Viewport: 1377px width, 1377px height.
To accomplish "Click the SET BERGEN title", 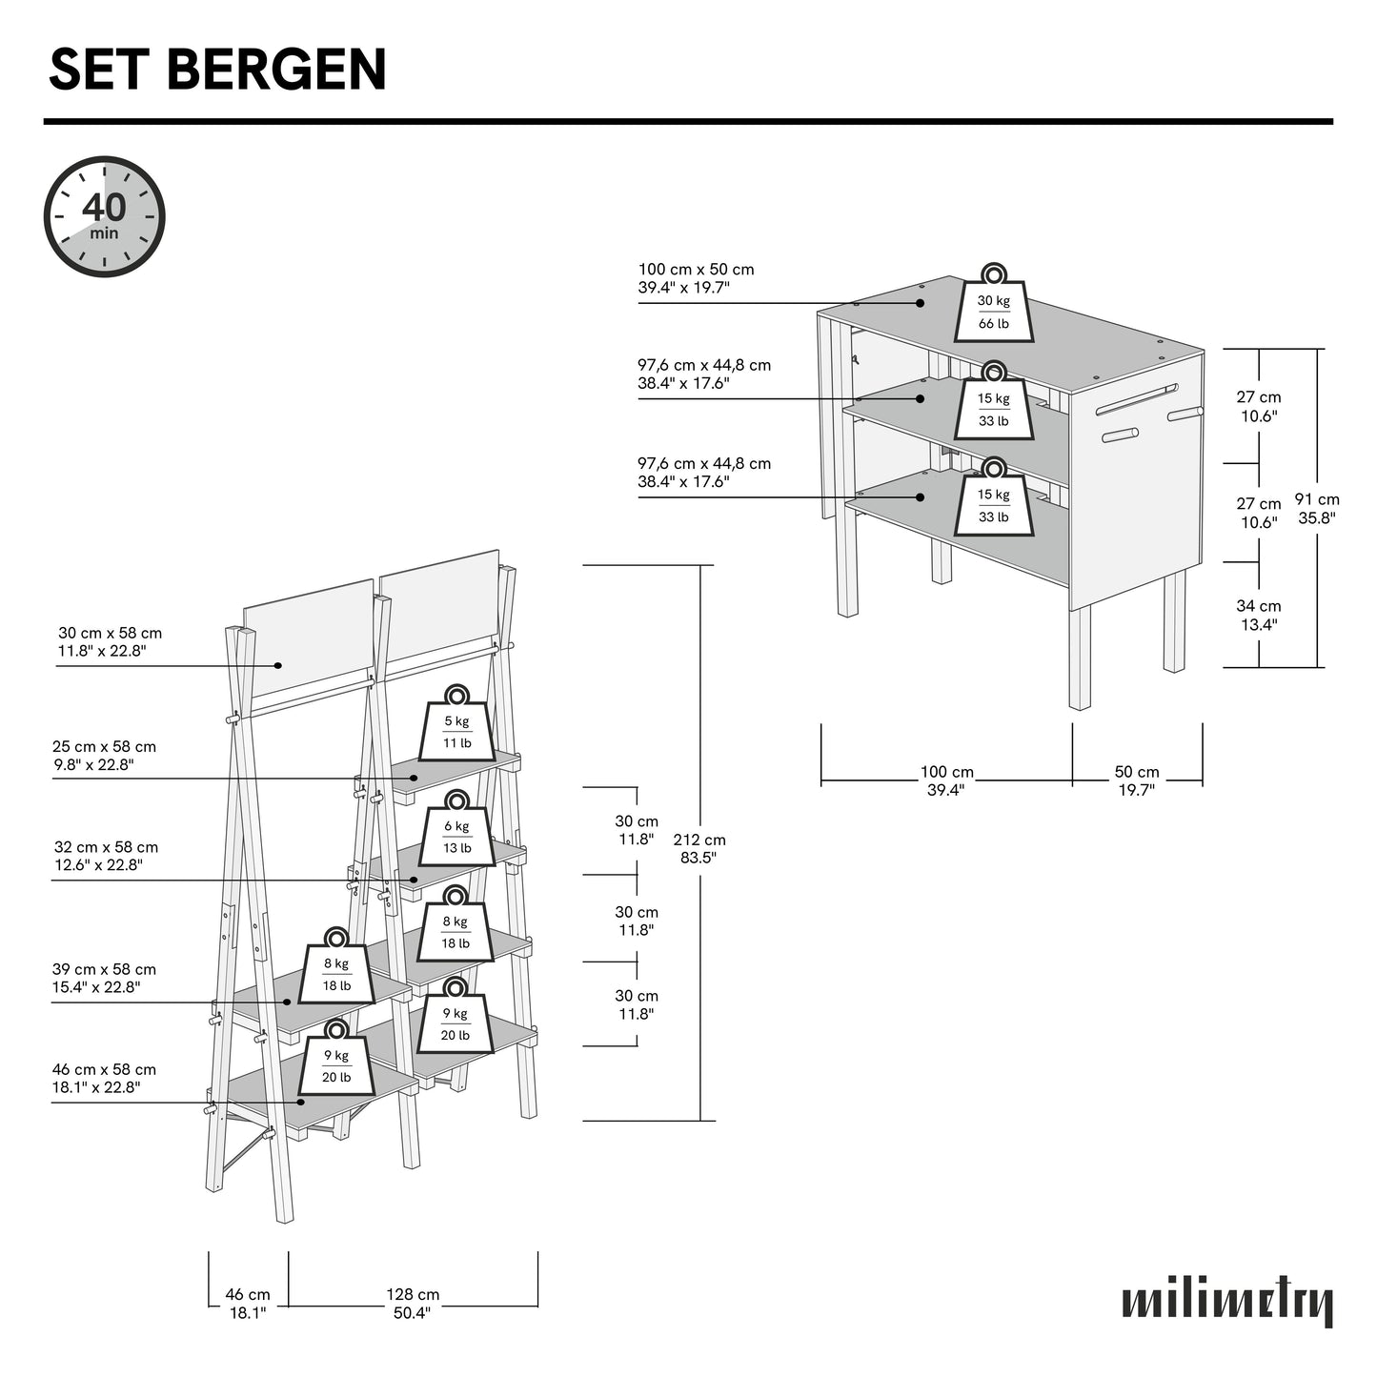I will click(217, 70).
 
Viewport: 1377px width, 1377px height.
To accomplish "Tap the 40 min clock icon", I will click(105, 217).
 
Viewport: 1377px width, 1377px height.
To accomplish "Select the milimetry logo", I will click(1227, 1302).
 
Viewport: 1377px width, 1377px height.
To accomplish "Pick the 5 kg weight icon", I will click(456, 727).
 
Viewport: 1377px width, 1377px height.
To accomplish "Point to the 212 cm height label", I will click(699, 848).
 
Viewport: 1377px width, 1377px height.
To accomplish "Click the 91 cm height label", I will click(1317, 508).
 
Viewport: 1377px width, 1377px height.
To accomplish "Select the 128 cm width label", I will click(413, 1304).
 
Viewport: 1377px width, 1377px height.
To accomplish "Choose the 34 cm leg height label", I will click(1259, 615).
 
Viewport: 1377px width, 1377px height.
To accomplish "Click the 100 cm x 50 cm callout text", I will click(696, 278).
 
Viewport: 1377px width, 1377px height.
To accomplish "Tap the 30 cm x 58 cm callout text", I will click(110, 642).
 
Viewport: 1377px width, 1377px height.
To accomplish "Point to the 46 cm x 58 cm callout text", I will click(104, 1078).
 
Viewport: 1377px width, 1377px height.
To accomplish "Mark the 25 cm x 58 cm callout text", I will click(104, 756).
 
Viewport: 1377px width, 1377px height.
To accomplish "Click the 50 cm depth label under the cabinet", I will click(1137, 780).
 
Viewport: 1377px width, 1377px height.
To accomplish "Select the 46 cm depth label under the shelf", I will click(248, 1304).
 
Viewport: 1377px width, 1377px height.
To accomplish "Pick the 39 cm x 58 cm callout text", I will click(104, 978).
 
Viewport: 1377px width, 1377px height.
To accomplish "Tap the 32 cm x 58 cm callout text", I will click(106, 856).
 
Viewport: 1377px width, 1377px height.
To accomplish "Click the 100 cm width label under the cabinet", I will click(946, 780).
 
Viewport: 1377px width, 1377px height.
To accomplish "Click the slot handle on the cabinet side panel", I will click(1136, 399).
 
